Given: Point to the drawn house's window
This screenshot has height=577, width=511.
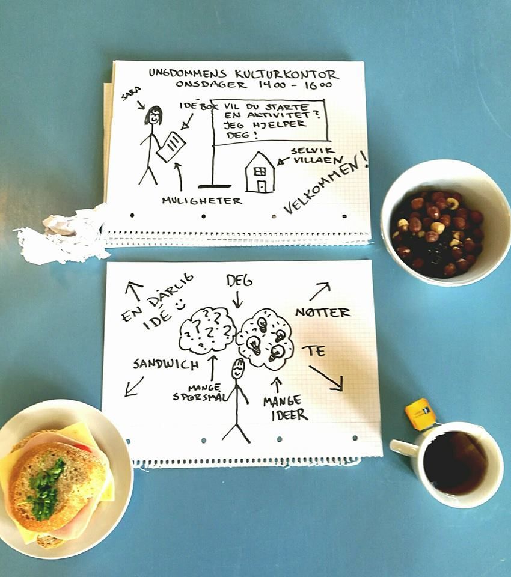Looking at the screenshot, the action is click(x=260, y=171).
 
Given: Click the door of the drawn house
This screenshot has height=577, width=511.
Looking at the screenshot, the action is click(x=261, y=186).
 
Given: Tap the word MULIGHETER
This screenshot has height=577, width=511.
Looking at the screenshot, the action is click(x=202, y=201).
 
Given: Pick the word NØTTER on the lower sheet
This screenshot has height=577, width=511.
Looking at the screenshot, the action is click(x=323, y=313).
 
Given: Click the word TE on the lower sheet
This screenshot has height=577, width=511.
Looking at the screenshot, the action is click(x=314, y=352).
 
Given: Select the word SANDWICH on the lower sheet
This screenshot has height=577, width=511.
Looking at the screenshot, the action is click(x=166, y=364).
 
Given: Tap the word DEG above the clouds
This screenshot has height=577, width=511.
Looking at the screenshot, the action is click(x=239, y=281).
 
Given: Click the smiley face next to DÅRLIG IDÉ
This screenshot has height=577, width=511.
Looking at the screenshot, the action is click(x=180, y=305).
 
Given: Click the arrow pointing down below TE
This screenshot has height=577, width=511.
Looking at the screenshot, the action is click(x=326, y=378).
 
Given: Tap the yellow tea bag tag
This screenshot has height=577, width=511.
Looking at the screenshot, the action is click(x=420, y=414).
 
